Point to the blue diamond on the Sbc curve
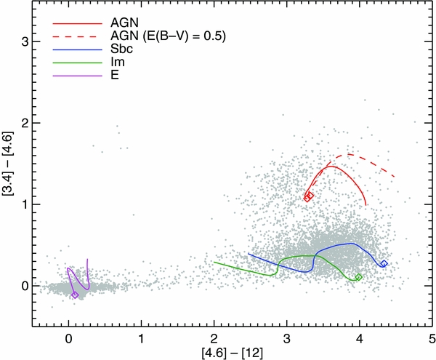[x=384, y=264]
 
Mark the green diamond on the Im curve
[x=358, y=277]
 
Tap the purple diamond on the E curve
[x=76, y=295]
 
